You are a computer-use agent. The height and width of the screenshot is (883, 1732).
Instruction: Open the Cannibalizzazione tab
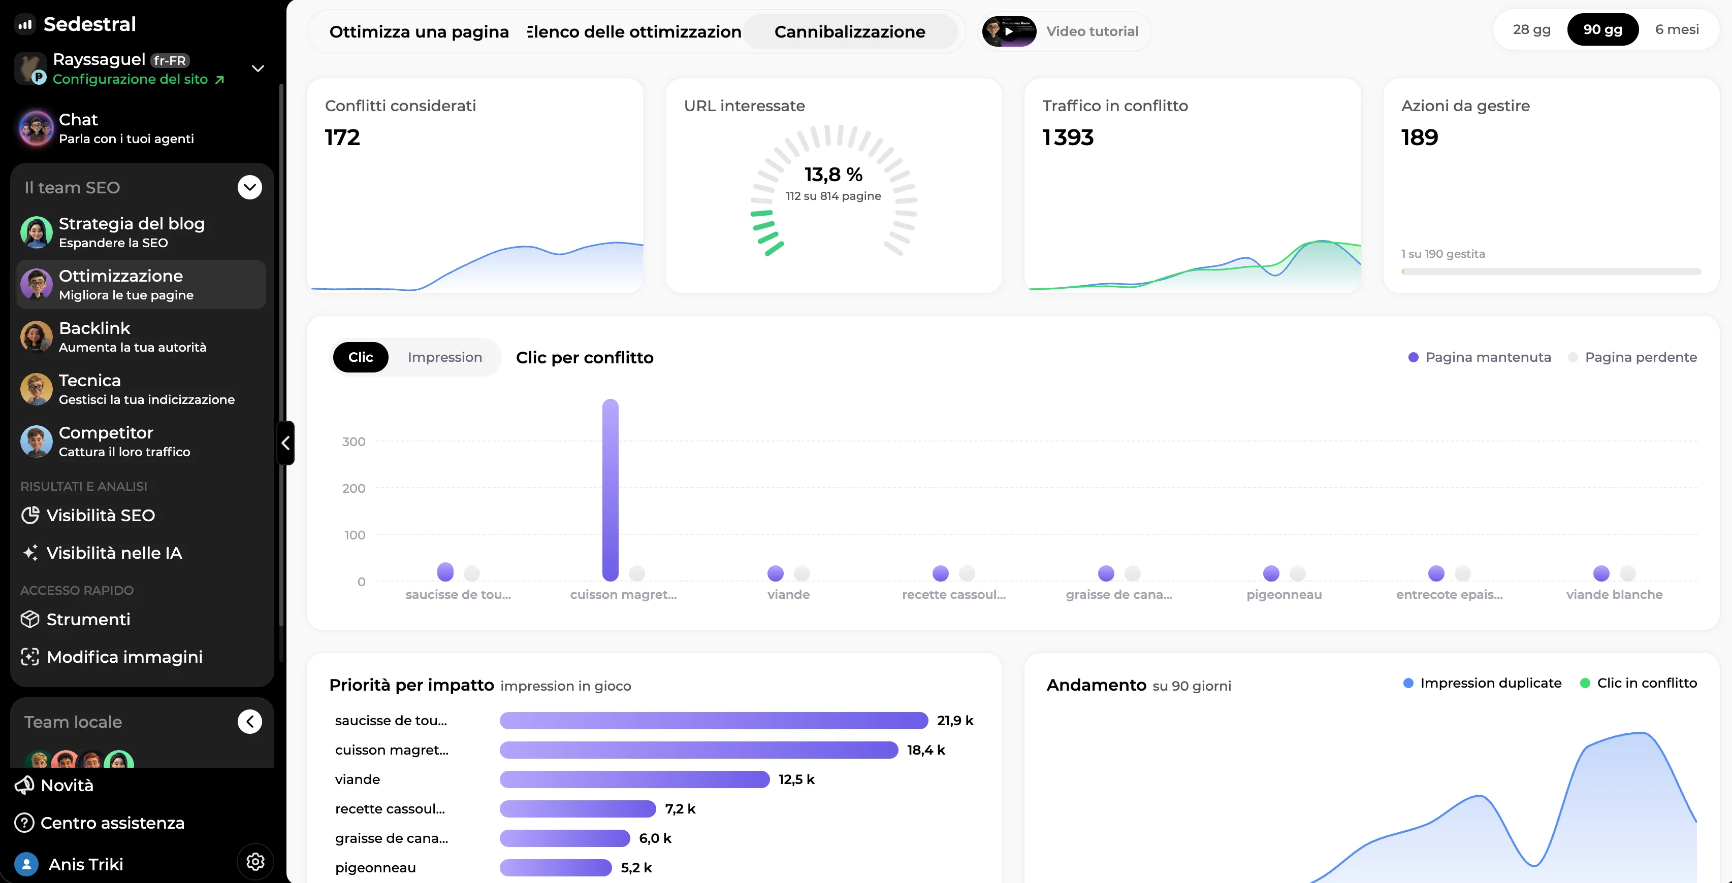click(850, 31)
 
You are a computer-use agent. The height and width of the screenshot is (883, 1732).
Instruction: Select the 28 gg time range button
click(1532, 29)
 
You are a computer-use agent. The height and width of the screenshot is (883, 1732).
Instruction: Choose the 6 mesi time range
click(1677, 29)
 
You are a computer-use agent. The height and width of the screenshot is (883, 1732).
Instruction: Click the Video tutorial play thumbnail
click(1009, 31)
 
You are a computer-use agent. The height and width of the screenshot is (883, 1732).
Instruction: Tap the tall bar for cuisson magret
click(610, 490)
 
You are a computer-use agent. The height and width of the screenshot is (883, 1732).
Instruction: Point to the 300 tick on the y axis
click(354, 441)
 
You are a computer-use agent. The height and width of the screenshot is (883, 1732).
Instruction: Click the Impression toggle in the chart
click(444, 357)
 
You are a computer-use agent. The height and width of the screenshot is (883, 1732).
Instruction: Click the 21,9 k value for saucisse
click(955, 721)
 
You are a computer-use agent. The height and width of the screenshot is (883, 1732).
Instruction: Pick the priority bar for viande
click(634, 779)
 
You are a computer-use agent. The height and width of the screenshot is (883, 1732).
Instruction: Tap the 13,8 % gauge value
click(833, 175)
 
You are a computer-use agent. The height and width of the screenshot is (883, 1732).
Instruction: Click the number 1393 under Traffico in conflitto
click(1068, 137)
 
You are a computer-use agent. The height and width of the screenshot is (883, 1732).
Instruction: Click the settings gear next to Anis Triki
click(255, 862)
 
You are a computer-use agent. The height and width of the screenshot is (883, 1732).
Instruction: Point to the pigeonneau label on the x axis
click(1284, 595)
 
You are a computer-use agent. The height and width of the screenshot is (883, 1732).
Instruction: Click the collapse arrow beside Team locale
click(249, 722)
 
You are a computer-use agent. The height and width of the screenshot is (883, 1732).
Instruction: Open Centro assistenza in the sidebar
click(100, 823)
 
